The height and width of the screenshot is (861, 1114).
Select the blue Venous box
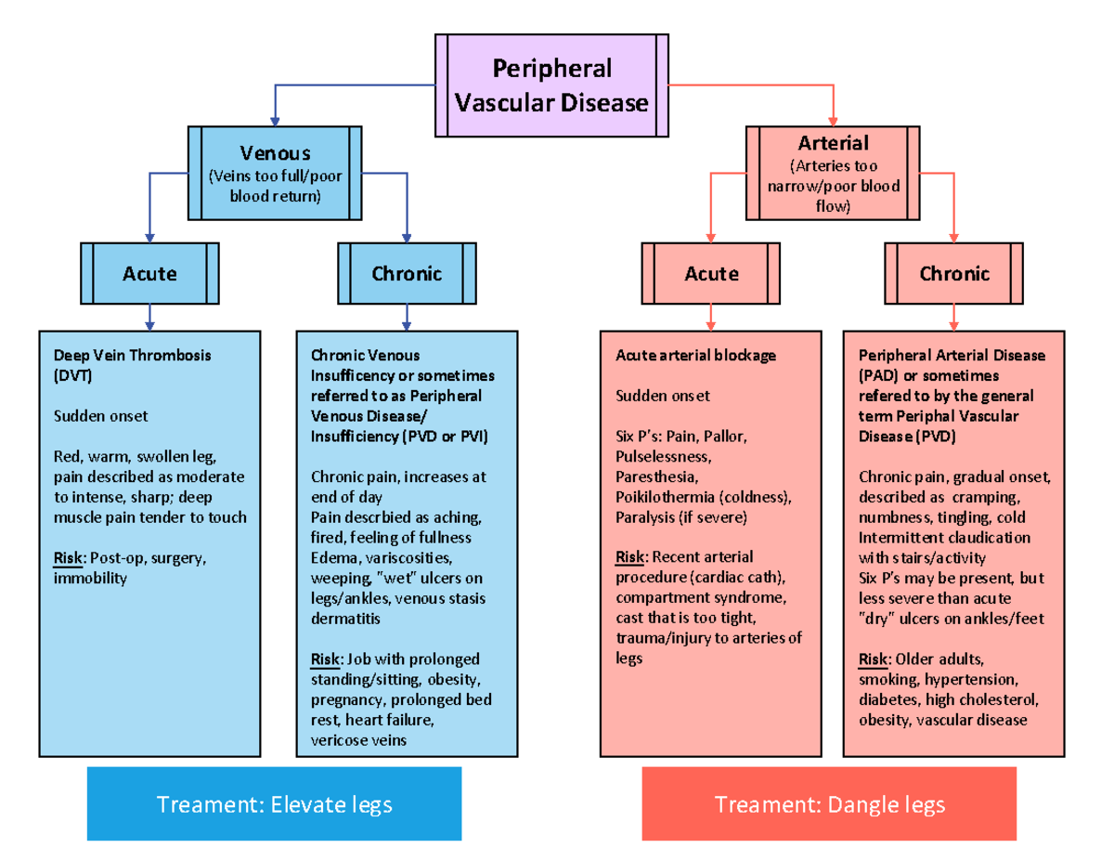pos(275,173)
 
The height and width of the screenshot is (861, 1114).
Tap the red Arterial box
pos(833,174)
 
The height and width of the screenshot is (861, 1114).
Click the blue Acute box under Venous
pos(149,273)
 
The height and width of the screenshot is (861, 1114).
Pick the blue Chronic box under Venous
pos(407,273)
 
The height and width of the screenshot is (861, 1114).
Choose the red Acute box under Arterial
pos(711,273)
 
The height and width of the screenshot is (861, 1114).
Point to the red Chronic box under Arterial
pos(953,273)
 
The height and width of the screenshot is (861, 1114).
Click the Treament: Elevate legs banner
pos(274,803)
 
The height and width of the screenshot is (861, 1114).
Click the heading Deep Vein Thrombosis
pos(132,355)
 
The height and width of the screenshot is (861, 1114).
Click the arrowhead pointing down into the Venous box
pos(275,121)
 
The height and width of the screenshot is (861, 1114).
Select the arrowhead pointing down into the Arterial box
pos(833,121)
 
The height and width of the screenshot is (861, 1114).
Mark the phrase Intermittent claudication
pos(944,538)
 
